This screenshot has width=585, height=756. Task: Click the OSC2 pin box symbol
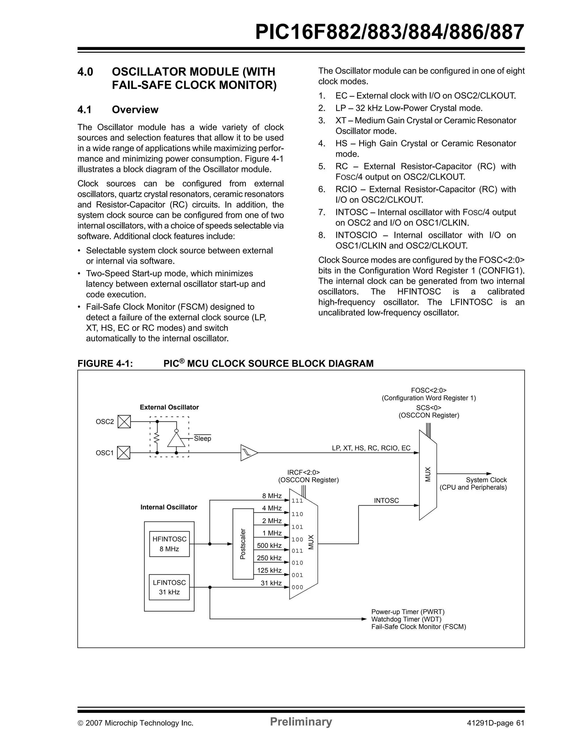(x=124, y=422)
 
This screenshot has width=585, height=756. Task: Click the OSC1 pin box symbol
(x=124, y=453)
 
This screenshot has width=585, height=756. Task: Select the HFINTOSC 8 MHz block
(x=169, y=544)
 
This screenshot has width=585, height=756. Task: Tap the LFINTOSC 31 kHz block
(x=169, y=587)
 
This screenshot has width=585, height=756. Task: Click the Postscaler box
(x=243, y=544)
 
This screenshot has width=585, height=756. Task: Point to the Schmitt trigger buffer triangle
(x=248, y=453)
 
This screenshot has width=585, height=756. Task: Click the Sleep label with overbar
(x=202, y=439)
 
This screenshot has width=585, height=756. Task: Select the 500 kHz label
(x=269, y=546)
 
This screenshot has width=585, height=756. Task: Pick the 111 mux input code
(x=297, y=501)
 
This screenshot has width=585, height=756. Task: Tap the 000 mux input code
(x=297, y=587)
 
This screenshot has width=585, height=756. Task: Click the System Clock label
(x=486, y=480)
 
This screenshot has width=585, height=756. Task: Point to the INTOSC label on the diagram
(x=386, y=501)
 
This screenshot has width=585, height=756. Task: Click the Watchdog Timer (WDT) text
(x=406, y=619)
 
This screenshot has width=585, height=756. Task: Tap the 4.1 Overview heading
(x=118, y=110)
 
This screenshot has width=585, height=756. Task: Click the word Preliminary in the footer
(x=300, y=722)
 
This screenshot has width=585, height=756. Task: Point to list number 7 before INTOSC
(x=322, y=212)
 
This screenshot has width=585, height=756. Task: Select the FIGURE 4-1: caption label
(x=105, y=364)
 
